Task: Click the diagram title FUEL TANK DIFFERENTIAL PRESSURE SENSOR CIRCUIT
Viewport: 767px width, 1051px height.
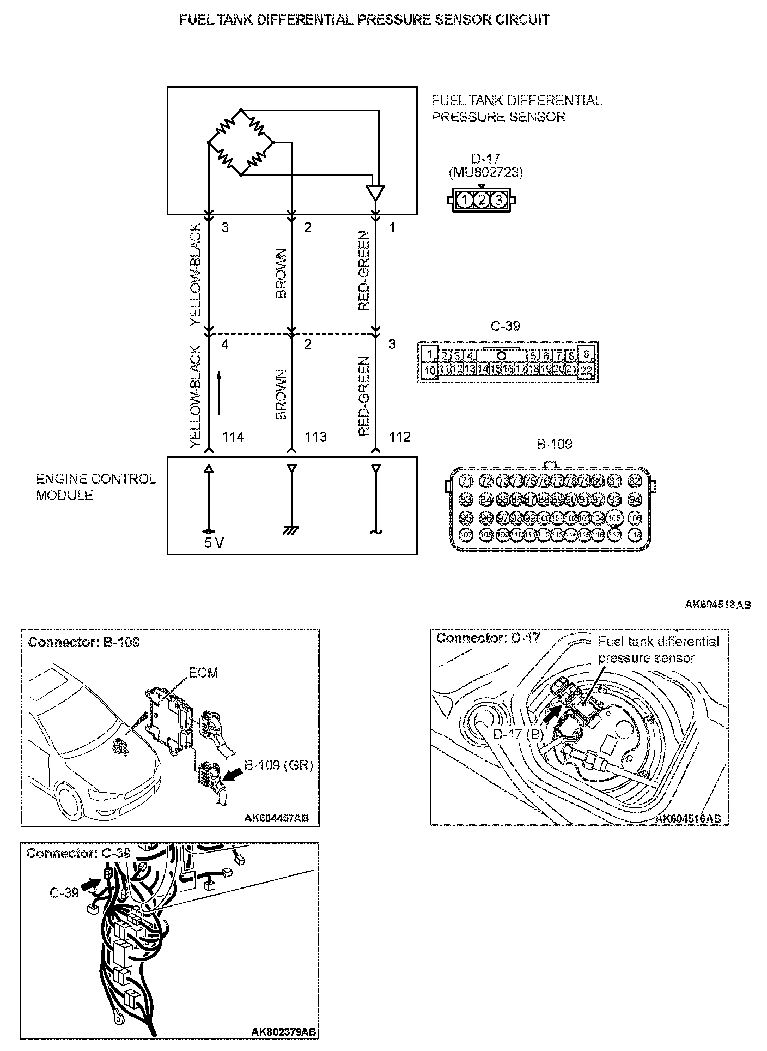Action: pos(364,20)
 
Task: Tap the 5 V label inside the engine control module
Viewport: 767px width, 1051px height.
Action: pos(214,543)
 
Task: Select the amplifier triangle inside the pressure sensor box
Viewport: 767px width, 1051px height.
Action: pos(375,193)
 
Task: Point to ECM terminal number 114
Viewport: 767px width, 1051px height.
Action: pos(233,437)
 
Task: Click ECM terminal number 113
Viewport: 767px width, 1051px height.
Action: pos(315,437)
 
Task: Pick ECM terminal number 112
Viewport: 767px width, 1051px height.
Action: pos(400,437)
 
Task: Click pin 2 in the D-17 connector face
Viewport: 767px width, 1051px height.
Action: pos(481,200)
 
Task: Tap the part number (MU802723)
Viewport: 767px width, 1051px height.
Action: pos(485,173)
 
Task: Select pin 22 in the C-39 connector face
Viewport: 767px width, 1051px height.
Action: pos(586,371)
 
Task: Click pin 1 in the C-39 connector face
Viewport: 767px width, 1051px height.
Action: pos(430,354)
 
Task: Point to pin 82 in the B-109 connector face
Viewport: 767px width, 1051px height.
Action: pos(635,481)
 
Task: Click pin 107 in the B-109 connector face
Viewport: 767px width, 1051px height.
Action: pos(466,535)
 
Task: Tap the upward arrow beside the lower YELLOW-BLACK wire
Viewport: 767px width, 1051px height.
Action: pos(219,392)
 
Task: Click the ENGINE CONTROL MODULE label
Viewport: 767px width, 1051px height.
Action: pos(96,487)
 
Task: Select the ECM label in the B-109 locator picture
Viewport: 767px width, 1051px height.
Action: pos(203,673)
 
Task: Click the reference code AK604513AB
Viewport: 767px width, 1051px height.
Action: pos(718,604)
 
